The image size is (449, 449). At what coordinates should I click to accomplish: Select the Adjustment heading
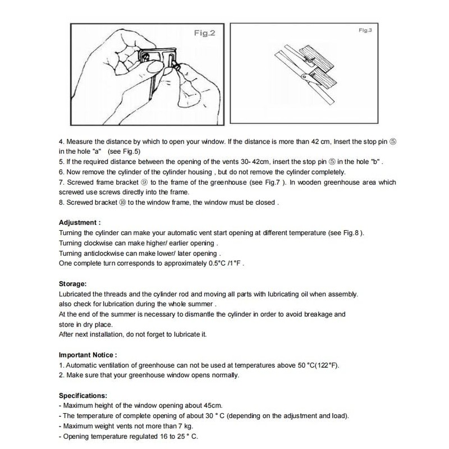coord(80,223)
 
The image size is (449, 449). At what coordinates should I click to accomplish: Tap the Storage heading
coord(73,285)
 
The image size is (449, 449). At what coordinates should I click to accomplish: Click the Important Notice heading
coord(88,355)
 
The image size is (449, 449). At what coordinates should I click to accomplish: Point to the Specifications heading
coord(83,395)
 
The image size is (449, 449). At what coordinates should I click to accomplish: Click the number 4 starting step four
coord(61,142)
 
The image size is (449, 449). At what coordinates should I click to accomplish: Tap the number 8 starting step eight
coord(61,203)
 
